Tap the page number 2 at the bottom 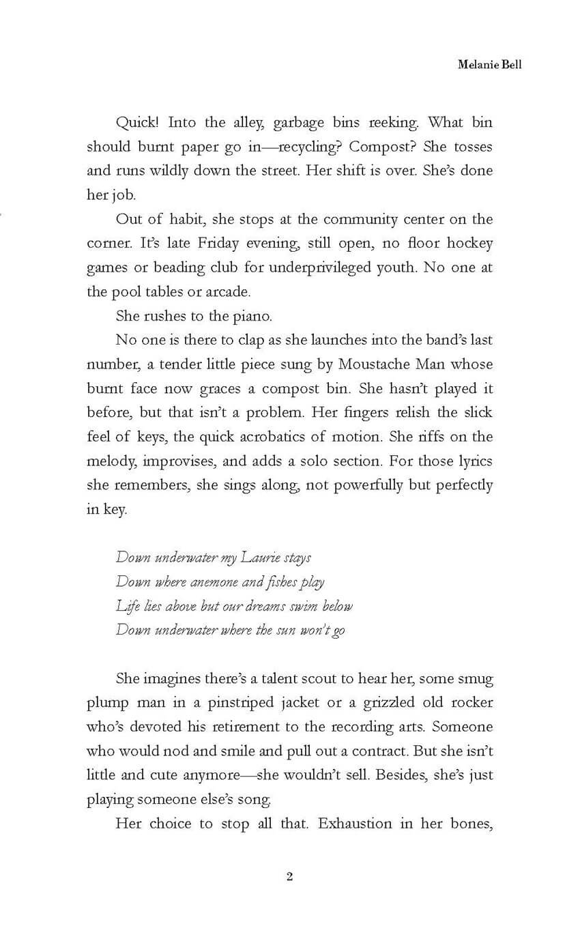point(290,877)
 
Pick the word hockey point(467,244)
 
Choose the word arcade point(228,292)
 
